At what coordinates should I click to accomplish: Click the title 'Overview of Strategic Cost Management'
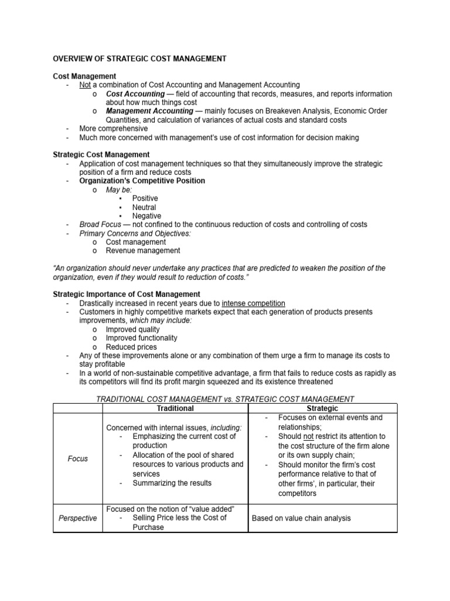pyautogui.click(x=139, y=59)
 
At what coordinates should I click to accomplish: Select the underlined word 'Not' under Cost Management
pyautogui.click(x=86, y=85)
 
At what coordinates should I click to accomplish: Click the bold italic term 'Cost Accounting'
pyautogui.click(x=135, y=94)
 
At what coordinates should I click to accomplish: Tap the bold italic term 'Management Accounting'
pyautogui.click(x=149, y=111)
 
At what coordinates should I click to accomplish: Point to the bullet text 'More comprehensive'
pyautogui.click(x=114, y=129)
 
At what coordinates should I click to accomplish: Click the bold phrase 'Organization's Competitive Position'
pyautogui.click(x=142, y=181)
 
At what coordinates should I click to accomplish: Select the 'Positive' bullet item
pyautogui.click(x=145, y=198)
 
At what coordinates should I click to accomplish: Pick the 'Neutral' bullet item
pyautogui.click(x=144, y=207)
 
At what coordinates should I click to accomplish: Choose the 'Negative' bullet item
pyautogui.click(x=146, y=216)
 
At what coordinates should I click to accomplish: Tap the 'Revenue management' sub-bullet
pyautogui.click(x=143, y=251)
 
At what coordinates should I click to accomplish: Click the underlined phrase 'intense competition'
pyautogui.click(x=254, y=303)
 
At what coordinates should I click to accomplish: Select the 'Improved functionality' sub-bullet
pyautogui.click(x=141, y=338)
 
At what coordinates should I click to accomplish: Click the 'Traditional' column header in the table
pyautogui.click(x=175, y=408)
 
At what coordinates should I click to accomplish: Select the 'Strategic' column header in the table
pyautogui.click(x=322, y=408)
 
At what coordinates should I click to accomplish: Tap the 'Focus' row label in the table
pyautogui.click(x=77, y=458)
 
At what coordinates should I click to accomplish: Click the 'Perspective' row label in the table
pyautogui.click(x=77, y=518)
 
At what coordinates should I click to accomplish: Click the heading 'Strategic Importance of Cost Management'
pyautogui.click(x=127, y=294)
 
